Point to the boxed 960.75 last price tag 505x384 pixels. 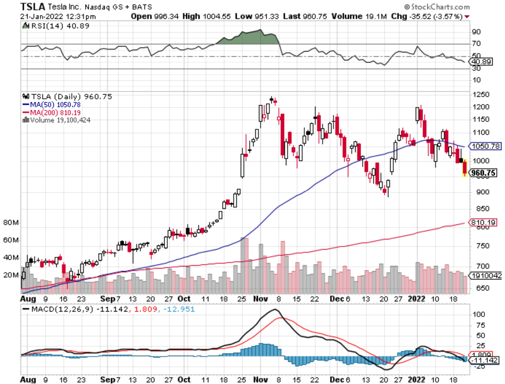click(483, 173)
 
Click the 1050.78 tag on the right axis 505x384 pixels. click(486, 146)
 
